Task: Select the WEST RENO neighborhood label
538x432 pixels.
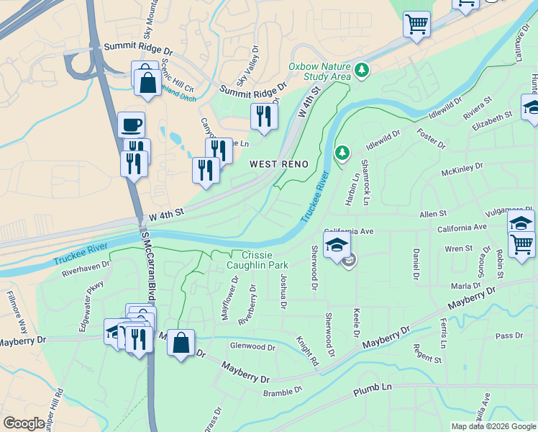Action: click(279, 164)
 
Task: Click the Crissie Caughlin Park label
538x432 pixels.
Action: click(257, 260)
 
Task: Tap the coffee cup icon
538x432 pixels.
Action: click(131, 124)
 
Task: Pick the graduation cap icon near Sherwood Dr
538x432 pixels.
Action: click(337, 245)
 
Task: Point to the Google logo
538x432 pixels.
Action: click(24, 423)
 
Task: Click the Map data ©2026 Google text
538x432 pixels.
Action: click(493, 426)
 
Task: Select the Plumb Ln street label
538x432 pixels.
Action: click(373, 391)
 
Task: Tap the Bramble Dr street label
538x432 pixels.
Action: click(283, 392)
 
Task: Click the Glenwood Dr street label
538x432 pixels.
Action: click(252, 346)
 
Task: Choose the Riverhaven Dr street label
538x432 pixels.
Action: click(84, 269)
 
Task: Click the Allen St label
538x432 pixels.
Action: click(433, 214)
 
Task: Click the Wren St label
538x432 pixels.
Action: click(458, 248)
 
